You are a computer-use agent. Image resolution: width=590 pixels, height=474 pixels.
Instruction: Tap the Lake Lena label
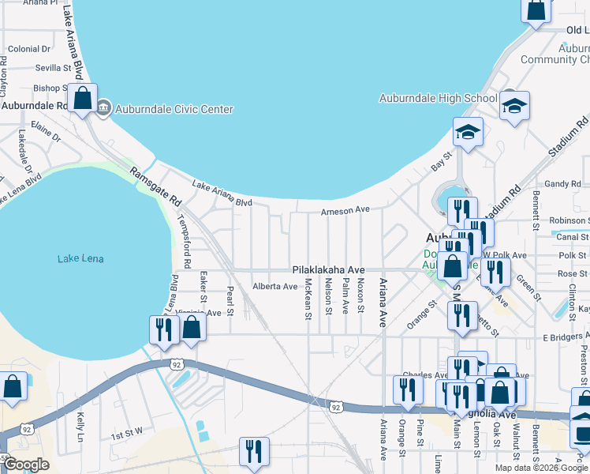click(80, 258)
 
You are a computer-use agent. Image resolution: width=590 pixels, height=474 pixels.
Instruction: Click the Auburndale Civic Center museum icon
click(104, 110)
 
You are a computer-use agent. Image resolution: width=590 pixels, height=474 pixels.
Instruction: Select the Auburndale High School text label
click(438, 99)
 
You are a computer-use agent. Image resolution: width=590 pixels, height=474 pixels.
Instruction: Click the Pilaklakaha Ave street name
click(330, 269)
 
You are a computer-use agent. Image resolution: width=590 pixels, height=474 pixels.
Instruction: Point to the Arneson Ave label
click(345, 211)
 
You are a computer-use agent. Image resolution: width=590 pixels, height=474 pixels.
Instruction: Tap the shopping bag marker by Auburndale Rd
click(82, 100)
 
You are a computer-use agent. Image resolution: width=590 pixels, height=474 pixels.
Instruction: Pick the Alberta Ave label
click(274, 286)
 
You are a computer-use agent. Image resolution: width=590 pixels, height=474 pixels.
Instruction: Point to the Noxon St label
click(360, 295)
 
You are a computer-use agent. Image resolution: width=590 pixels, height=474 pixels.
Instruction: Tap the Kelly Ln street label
click(80, 426)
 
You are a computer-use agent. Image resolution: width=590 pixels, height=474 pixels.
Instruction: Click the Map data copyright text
click(541, 468)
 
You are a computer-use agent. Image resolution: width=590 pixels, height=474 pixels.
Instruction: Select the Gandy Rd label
click(563, 184)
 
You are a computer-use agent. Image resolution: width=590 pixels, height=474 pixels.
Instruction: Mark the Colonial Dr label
click(29, 49)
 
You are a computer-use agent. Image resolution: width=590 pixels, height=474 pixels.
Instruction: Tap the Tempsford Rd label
click(187, 240)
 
